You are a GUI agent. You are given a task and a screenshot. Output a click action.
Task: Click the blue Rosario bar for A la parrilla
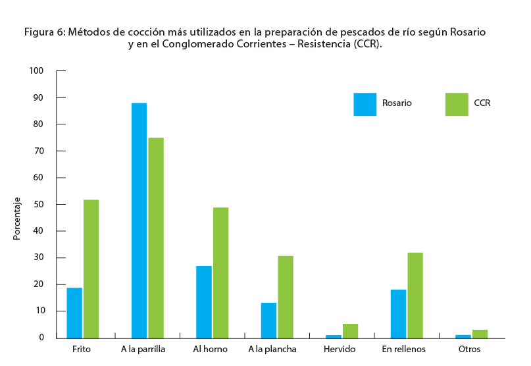point(139,221)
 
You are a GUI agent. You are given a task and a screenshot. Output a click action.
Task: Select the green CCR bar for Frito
point(91,269)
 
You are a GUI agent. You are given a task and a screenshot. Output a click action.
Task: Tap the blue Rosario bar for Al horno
point(204,301)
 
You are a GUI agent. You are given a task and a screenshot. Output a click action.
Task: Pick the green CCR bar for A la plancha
point(285,296)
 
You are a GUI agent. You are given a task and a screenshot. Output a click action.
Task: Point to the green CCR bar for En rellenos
point(415,295)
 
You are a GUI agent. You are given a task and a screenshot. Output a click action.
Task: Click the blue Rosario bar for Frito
point(74,313)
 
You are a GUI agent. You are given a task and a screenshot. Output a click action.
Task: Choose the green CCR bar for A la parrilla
point(156,238)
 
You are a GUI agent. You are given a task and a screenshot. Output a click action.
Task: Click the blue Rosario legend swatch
point(365,104)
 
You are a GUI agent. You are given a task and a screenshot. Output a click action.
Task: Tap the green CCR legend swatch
point(457,104)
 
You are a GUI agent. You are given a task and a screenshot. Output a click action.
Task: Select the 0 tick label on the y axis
point(41,338)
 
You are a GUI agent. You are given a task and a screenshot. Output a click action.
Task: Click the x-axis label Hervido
point(340,349)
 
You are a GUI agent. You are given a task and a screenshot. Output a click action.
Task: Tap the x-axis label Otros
point(469,349)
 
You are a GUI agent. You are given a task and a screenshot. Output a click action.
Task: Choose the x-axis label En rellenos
point(403,349)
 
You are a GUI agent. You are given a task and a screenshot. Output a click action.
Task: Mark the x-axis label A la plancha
point(272,349)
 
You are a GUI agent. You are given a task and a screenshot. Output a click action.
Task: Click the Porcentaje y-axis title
point(18,218)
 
